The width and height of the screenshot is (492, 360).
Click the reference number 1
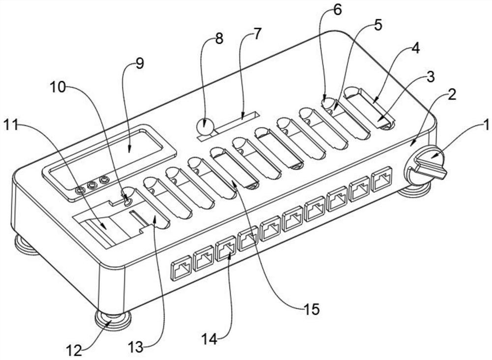[485, 125]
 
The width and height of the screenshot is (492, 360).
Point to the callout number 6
[337, 10]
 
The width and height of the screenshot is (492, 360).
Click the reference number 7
[257, 34]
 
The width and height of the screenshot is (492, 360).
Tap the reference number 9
[140, 64]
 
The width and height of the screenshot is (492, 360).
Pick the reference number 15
[311, 309]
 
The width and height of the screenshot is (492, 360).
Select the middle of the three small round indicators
[91, 185]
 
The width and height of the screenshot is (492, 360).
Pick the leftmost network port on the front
[181, 270]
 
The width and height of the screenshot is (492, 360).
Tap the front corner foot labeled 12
[113, 320]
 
